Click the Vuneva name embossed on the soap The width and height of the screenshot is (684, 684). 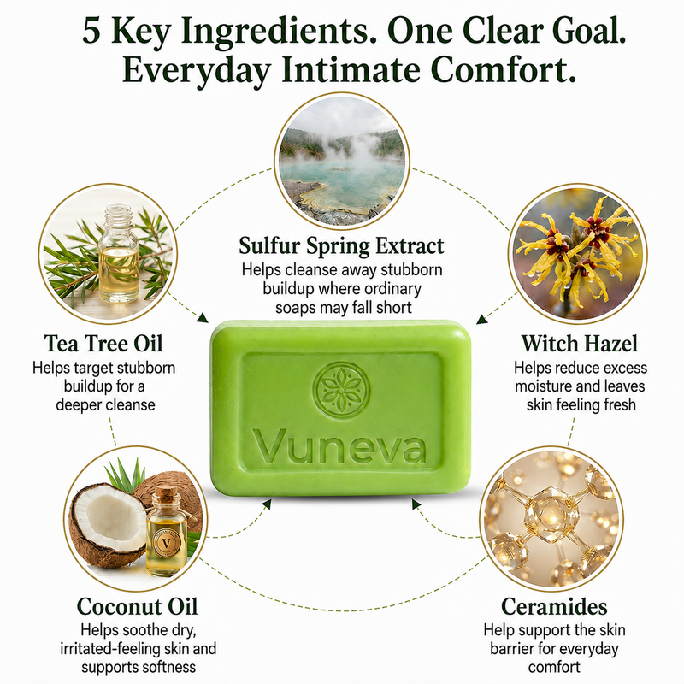coord(339,446)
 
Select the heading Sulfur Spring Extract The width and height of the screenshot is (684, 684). coord(341,246)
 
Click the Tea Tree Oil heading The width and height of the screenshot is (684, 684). coord(103,344)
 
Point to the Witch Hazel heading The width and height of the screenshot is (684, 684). coord(580,344)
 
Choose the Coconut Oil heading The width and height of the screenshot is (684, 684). coord(137,607)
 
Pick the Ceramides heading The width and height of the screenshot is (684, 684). coord(554,607)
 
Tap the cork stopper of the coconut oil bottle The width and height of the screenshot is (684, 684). coord(166,494)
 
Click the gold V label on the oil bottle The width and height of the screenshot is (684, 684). coord(166,543)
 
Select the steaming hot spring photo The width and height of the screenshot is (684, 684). coord(342,160)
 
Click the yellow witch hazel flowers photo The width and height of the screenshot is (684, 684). coord(578,253)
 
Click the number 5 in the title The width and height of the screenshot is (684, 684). coord(91,32)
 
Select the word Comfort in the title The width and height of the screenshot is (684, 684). coord(503,70)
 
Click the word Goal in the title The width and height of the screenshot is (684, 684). coord(584,32)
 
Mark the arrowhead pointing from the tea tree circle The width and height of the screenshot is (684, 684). coord(203,317)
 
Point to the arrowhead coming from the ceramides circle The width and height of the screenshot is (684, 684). coord(416,504)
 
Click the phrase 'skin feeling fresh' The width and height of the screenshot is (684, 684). coord(581,405)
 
